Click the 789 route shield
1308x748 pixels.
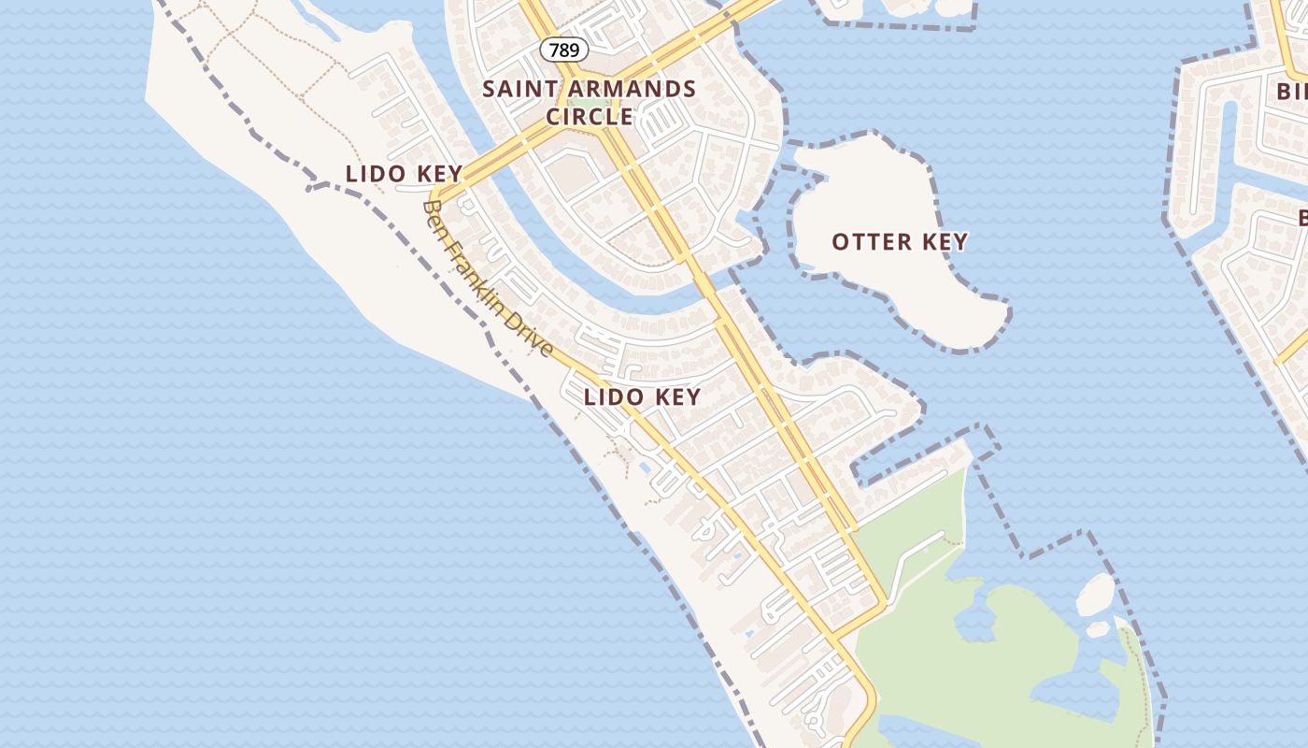(x=563, y=50)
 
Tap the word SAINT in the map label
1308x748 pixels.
(x=516, y=90)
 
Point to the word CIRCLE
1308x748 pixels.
(x=590, y=117)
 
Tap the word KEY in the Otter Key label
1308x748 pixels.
(x=945, y=242)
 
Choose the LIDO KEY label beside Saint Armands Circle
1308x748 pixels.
(x=404, y=174)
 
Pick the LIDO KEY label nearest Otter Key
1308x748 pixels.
(x=642, y=397)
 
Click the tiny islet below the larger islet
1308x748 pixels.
(x=1098, y=629)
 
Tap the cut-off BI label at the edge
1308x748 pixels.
(x=1292, y=91)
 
